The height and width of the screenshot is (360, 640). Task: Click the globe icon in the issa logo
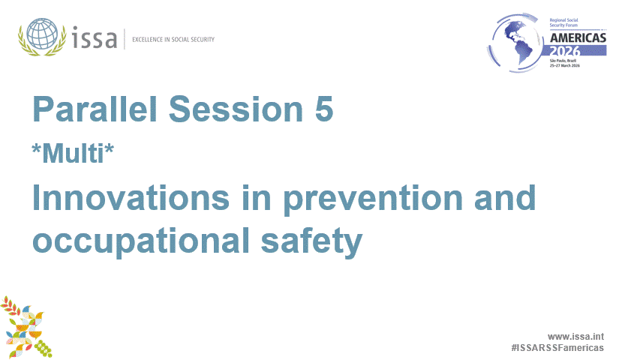42,34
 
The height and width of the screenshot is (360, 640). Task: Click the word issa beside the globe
95,37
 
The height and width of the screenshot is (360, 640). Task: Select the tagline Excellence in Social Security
173,40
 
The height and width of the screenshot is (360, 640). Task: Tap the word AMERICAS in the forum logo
578,38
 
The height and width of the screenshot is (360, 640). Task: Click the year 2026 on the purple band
564,51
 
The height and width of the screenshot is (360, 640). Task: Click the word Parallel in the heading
95,109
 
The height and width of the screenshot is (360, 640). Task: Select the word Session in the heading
236,109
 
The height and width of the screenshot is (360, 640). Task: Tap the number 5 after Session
324,109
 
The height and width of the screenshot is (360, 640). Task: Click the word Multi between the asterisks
73,154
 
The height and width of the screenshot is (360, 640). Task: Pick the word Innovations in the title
131,197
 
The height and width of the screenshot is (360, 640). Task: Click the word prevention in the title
373,199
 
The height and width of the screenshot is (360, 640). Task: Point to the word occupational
141,241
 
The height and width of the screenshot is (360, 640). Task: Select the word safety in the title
311,241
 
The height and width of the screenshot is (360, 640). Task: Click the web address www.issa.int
575,337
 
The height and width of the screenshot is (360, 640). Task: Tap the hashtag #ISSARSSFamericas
557,348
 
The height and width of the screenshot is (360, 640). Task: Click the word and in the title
504,197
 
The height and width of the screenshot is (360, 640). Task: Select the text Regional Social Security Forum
563,22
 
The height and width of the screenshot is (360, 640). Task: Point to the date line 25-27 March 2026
564,65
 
